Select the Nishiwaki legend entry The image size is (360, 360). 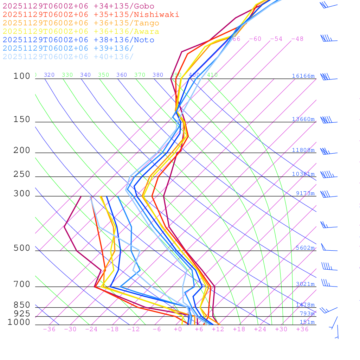coord(91,14)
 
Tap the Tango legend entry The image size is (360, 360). coord(81,23)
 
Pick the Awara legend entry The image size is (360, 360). coord(81,32)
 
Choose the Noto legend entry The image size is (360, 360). coord(78,40)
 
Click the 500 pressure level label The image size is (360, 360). coord(22,248)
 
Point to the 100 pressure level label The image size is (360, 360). coord(22,76)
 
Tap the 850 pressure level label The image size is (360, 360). coord(22,305)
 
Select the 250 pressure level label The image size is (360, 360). coord(22,174)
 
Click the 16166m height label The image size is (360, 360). coord(303,76)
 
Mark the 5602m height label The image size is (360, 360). coord(305,248)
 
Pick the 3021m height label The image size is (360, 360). coord(305,284)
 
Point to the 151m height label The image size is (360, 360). coord(307,322)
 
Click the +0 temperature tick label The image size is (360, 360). coord(178,329)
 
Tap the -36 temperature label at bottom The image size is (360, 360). coord(49,329)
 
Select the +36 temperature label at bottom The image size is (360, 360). coord(302,329)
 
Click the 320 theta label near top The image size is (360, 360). coord(49,75)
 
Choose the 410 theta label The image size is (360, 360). coord(212,75)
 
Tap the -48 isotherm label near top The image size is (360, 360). coord(297,39)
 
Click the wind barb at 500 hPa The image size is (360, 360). coord(329,247)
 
